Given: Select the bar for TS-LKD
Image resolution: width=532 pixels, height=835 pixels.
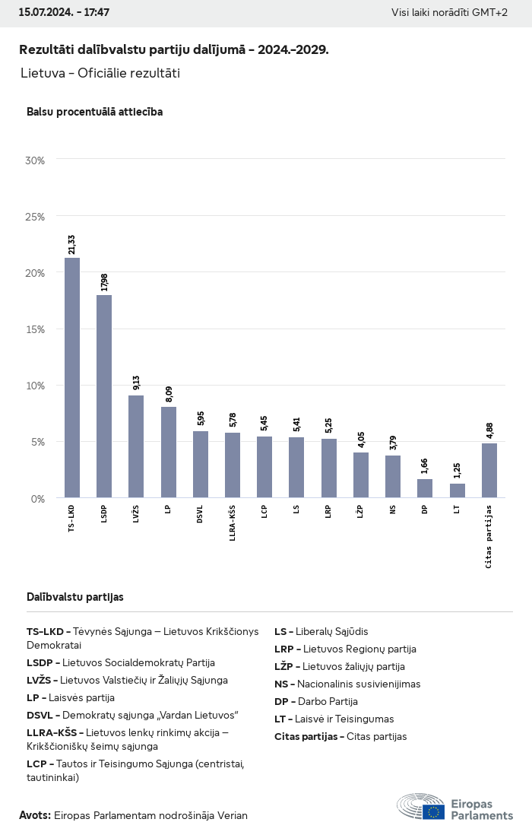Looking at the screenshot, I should tap(72, 378).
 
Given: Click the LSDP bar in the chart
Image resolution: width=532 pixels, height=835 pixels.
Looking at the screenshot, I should tap(104, 396).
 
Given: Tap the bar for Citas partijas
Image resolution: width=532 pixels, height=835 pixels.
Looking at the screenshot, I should tap(489, 470).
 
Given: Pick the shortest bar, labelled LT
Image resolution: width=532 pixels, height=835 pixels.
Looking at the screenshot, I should tap(458, 491).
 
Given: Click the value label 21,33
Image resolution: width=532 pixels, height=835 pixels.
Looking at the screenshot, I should tap(71, 244).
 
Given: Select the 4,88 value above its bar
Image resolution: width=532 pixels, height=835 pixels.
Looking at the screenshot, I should tap(489, 430).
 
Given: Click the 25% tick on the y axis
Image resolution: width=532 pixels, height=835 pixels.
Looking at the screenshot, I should tap(36, 217).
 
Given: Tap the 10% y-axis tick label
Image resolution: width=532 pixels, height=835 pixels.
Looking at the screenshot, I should tap(36, 386).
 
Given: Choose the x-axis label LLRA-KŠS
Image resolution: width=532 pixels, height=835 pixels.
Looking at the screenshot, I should tap(233, 523).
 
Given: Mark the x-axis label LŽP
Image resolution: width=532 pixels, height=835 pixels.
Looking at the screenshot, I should tap(361, 513).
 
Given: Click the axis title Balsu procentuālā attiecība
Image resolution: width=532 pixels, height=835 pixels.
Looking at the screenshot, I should tap(94, 112).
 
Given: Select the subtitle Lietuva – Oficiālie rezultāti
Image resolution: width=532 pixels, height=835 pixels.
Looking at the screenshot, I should tap(100, 73).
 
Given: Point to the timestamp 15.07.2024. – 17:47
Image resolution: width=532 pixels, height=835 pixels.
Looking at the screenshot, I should tap(64, 13).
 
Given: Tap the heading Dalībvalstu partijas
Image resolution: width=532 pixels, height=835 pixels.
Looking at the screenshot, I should tap(75, 597).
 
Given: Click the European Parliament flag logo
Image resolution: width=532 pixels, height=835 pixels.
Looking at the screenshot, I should tap(434, 811).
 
